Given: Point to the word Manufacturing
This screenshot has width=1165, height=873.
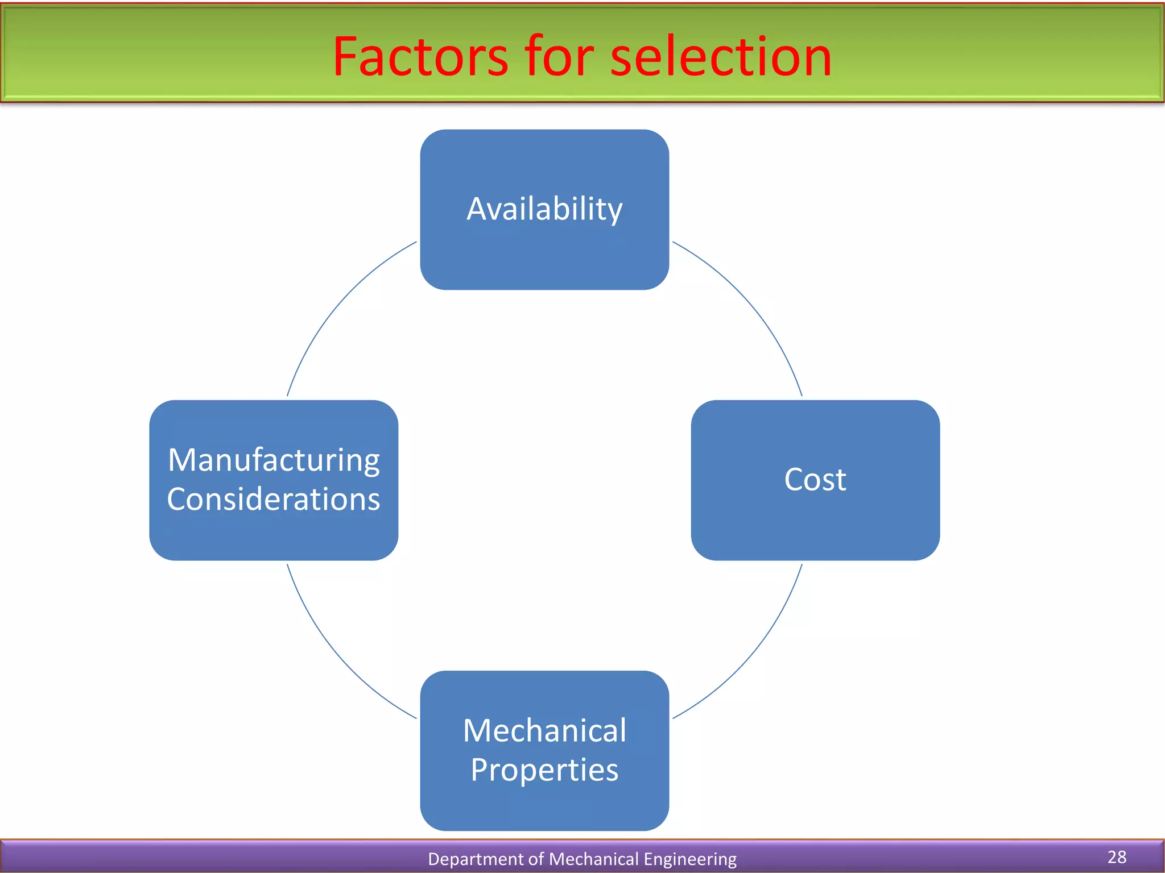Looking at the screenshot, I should click(x=274, y=460).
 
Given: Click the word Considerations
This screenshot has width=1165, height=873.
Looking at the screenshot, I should click(x=274, y=499).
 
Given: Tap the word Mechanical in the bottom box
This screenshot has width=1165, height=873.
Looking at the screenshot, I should click(x=544, y=730).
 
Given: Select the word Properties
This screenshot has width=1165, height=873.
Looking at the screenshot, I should click(x=544, y=770).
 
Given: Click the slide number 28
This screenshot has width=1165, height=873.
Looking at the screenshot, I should click(x=1117, y=857).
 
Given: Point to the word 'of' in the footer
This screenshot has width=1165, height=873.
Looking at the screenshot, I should click(x=537, y=859).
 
